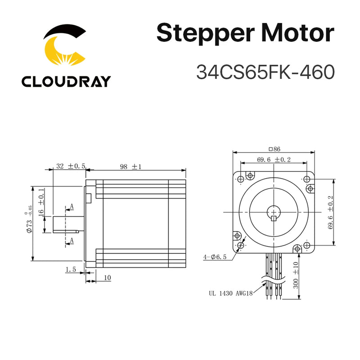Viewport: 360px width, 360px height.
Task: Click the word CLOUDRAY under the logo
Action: click(x=66, y=81)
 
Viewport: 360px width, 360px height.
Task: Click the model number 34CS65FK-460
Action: click(x=265, y=72)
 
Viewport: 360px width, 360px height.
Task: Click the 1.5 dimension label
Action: click(x=71, y=269)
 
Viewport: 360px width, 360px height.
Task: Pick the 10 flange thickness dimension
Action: click(x=107, y=278)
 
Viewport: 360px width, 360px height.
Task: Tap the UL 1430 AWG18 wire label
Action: click(x=230, y=292)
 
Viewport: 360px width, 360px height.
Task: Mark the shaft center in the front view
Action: click(x=274, y=212)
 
